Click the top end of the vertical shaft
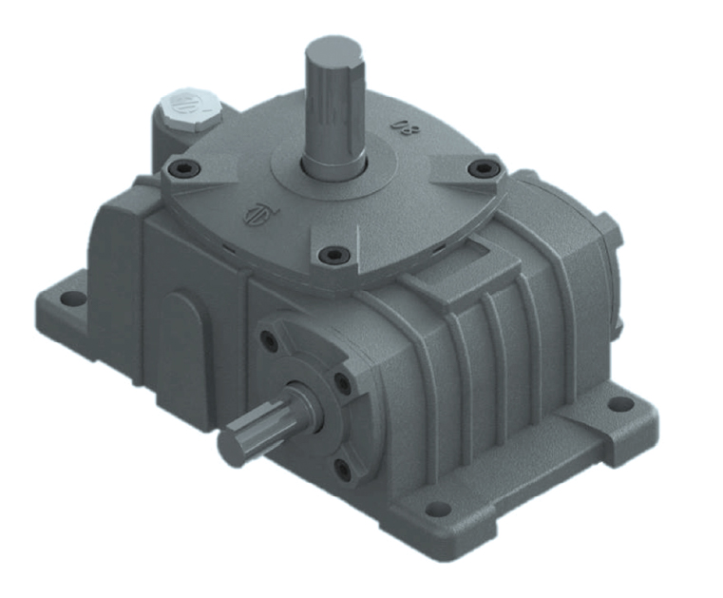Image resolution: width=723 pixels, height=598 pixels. [x=333, y=48]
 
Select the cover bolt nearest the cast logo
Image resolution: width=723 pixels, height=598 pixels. [x=333, y=254]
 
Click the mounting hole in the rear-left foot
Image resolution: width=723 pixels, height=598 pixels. [x=70, y=299]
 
